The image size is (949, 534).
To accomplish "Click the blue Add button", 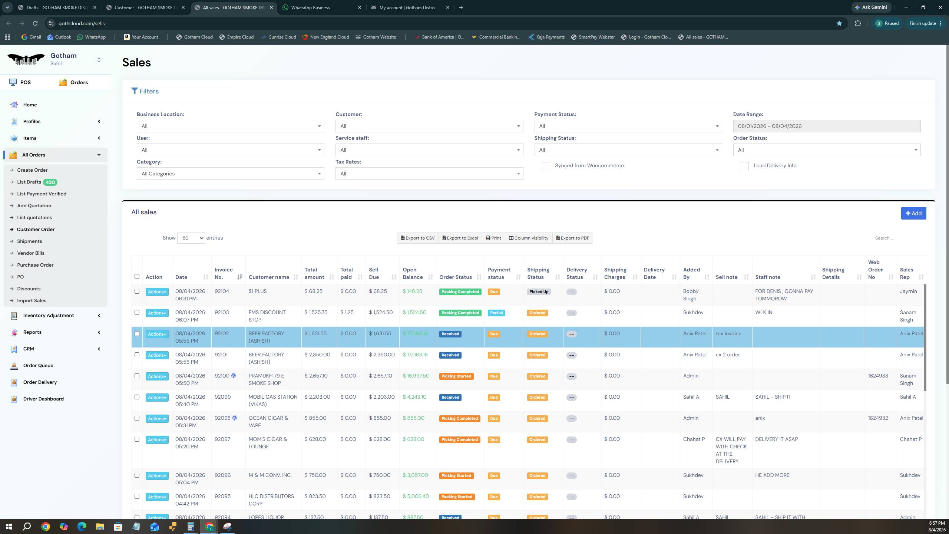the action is point(913,213).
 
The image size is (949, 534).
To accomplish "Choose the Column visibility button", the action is point(528,238).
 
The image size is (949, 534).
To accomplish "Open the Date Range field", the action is point(827,126).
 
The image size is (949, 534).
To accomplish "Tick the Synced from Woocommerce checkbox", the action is point(546,166).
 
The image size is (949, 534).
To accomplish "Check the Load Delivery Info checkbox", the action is point(744,166).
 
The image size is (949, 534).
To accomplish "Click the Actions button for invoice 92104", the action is point(157,292).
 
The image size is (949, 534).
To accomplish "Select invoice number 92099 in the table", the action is point(222,397).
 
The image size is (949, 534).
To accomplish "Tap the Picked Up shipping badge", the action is point(539,292).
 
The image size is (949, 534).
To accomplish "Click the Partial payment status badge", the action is point(496,313).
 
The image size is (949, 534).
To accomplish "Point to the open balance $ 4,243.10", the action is point(414,397).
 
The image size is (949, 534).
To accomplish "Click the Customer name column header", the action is point(269,277).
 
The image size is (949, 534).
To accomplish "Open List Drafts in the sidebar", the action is point(29,182).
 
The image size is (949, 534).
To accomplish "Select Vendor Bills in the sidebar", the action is point(31,253).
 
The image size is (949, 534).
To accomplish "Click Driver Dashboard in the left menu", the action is point(43,399).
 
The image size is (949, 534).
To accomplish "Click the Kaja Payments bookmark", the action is point(546,37).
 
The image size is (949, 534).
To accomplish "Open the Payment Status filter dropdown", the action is point(628,126).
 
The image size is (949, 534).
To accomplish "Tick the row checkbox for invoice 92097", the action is point(137,439).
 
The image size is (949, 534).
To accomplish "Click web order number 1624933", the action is point(878,376).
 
